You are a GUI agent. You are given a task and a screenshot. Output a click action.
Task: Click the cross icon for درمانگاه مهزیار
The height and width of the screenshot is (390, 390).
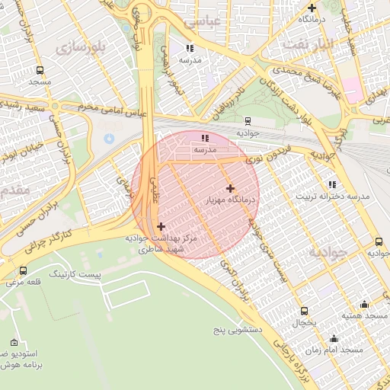[230, 187]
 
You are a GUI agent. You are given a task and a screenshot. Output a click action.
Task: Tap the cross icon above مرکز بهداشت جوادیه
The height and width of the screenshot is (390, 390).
[161, 226]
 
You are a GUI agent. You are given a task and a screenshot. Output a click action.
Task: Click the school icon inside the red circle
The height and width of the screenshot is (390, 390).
[204, 138]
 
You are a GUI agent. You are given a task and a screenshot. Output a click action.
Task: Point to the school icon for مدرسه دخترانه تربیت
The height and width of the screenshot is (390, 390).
[331, 184]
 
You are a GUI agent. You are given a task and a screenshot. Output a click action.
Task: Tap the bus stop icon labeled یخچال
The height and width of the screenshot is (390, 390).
[305, 311]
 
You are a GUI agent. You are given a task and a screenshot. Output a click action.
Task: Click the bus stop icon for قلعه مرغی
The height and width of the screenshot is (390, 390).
[23, 270]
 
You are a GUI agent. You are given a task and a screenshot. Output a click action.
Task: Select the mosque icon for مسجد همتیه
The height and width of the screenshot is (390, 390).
[363, 304]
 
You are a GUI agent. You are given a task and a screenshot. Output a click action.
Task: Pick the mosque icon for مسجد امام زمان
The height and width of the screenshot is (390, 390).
[333, 338]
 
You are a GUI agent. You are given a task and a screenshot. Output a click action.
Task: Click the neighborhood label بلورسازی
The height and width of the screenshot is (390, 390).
[78, 48]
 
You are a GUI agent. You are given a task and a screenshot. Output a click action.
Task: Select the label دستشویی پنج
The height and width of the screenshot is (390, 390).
[236, 330]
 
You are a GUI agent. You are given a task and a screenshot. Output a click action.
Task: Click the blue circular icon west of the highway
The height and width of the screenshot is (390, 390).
[109, 138]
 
